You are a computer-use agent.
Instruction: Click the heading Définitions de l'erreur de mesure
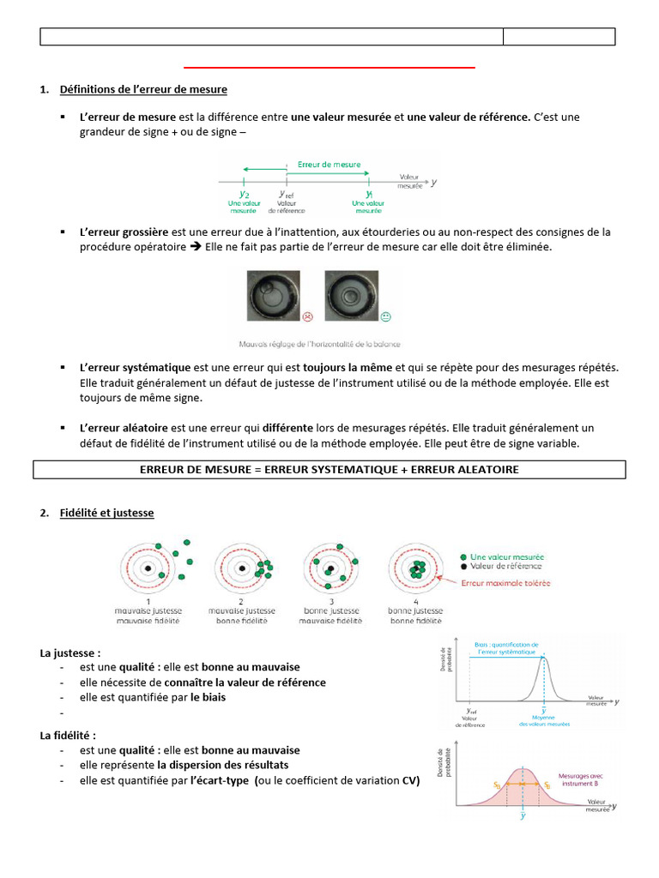pyautogui.click(x=143, y=89)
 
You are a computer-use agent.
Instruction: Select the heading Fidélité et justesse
pyautogui.click(x=107, y=513)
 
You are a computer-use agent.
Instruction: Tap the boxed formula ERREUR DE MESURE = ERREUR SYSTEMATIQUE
pyautogui.click(x=329, y=470)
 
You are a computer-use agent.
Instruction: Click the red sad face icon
pyautogui.click(x=307, y=317)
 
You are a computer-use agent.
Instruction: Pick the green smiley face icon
pyautogui.click(x=385, y=317)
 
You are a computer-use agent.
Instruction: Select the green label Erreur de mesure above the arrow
pyautogui.click(x=329, y=164)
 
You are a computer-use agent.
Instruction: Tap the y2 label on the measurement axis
pyautogui.click(x=245, y=194)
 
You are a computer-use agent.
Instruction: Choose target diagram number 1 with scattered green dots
pyautogui.click(x=149, y=569)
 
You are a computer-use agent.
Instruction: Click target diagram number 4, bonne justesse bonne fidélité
pyautogui.click(x=417, y=568)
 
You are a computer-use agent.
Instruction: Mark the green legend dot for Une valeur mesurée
pyautogui.click(x=463, y=556)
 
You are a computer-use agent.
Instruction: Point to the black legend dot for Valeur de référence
pyautogui.click(x=463, y=567)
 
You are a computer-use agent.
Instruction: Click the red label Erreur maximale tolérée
pyautogui.click(x=505, y=584)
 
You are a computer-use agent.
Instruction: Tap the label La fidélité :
pyautogui.click(x=69, y=735)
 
